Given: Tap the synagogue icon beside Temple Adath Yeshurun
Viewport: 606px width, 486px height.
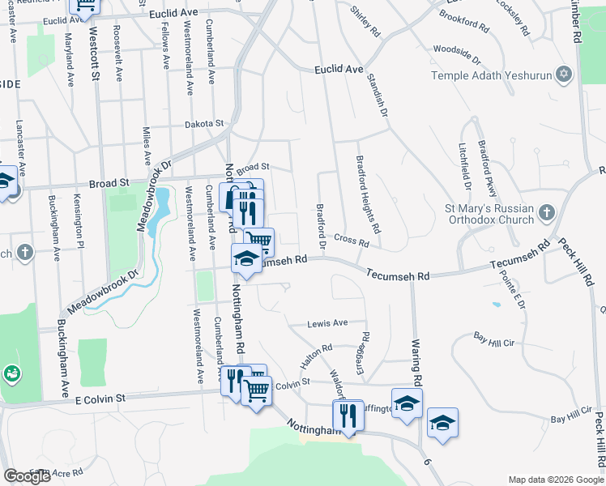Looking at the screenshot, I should click(565, 75).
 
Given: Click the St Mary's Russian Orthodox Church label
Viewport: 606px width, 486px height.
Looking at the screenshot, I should click(489, 214).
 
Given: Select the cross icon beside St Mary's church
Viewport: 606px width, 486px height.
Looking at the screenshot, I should click(547, 213).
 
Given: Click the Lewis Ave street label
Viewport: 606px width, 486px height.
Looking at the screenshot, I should click(327, 323).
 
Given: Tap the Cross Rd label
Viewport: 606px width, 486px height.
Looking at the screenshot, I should click(352, 241).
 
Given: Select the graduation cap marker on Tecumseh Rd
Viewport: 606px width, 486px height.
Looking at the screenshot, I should click(246, 259).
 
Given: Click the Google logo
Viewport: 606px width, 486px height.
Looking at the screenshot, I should click(28, 476).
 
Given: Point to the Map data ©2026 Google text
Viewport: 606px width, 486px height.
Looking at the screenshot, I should click(556, 480).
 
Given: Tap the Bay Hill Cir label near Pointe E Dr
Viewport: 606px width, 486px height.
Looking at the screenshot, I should click(494, 339).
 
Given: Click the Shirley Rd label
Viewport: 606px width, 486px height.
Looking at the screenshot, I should click(365, 21).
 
